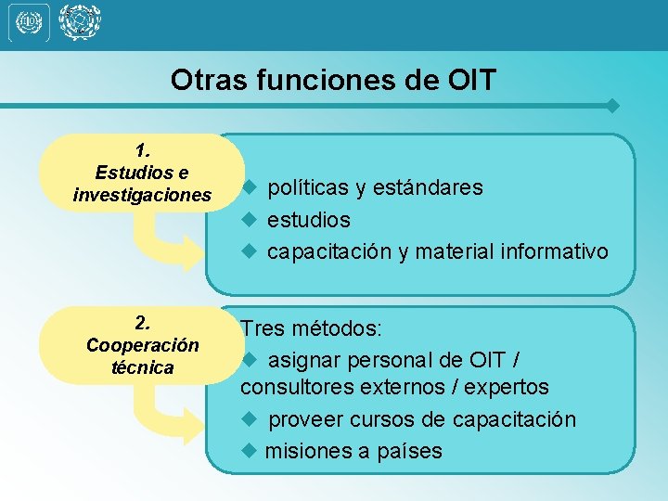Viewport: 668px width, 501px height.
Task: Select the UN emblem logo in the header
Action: (79, 22)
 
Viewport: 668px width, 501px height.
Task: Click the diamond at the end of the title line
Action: (612, 106)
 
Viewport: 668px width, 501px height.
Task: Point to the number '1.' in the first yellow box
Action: (143, 149)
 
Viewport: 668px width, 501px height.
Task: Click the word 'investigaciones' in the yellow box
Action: (143, 195)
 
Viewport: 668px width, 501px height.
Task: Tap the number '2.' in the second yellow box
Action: (143, 323)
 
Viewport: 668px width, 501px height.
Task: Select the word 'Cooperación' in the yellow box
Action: (143, 345)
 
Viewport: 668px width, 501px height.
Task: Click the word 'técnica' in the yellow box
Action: (143, 367)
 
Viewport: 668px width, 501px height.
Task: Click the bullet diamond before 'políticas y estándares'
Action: (249, 188)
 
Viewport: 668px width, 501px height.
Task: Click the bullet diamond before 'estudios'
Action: (249, 220)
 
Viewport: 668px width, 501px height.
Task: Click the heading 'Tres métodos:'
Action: (312, 329)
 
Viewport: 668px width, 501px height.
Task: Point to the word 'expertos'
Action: (507, 387)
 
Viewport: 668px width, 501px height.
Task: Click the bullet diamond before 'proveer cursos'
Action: (249, 419)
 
